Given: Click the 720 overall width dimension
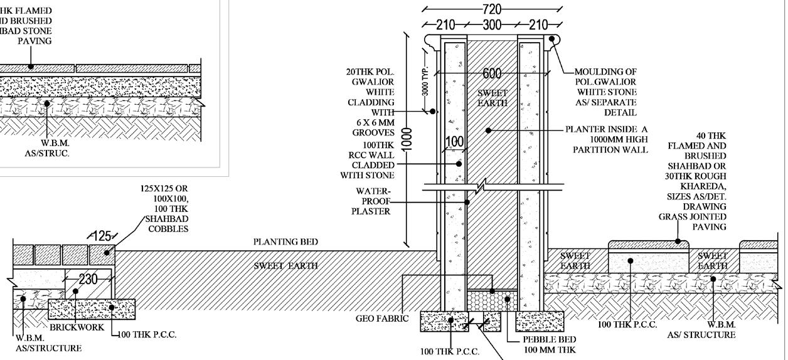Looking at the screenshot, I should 492,9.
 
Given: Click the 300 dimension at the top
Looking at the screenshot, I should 492,25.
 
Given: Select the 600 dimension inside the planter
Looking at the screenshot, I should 492,73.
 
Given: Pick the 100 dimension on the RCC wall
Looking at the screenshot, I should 454,142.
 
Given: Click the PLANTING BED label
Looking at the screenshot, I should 285,242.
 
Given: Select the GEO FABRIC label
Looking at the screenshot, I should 382,319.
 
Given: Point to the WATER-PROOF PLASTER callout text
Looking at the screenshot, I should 373,201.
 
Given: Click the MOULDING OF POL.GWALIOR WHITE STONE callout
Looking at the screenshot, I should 605,92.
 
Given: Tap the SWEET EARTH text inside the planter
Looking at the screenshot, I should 492,98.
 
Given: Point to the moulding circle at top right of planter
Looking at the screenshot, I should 553,40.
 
